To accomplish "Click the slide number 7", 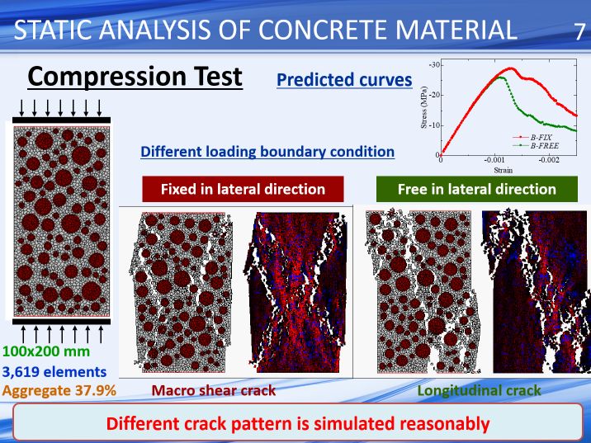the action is click(x=579, y=31).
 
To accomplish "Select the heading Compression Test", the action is click(x=135, y=77).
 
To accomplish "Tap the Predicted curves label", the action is click(x=344, y=80).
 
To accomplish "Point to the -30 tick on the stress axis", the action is click(x=434, y=65).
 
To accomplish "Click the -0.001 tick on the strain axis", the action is click(x=494, y=160).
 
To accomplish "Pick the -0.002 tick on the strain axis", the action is click(x=549, y=160).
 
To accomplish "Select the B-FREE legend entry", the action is click(x=536, y=145).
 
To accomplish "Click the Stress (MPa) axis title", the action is click(x=424, y=107).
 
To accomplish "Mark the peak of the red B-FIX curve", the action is click(x=511, y=68).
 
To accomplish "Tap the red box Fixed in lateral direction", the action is click(x=243, y=189).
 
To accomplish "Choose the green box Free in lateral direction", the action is click(x=477, y=189).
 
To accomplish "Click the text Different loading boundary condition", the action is click(x=267, y=152).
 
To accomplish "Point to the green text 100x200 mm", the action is click(x=46, y=351).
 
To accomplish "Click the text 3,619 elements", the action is click(x=54, y=372).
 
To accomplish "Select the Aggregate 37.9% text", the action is click(x=59, y=391).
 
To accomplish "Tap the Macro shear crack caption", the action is click(x=213, y=391).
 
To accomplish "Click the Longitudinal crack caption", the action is click(x=479, y=391).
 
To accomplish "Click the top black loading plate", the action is click(x=61, y=120).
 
